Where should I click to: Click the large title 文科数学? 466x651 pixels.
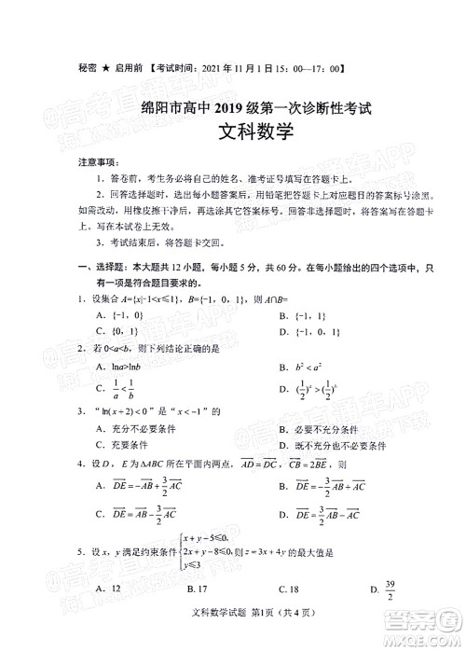point(233,132)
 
